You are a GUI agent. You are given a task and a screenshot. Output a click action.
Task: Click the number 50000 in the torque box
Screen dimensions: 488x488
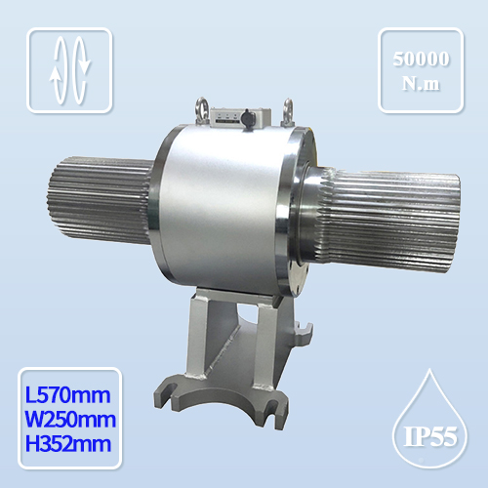(x=420, y=59)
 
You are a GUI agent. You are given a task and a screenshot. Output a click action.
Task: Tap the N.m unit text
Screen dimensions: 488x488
(x=420, y=84)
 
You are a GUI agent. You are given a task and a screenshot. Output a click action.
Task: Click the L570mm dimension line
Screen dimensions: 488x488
(x=66, y=396)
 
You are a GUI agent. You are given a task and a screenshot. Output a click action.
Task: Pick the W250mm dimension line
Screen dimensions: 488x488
(x=66, y=421)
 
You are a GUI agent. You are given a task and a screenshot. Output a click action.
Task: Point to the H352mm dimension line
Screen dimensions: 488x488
(x=66, y=445)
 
